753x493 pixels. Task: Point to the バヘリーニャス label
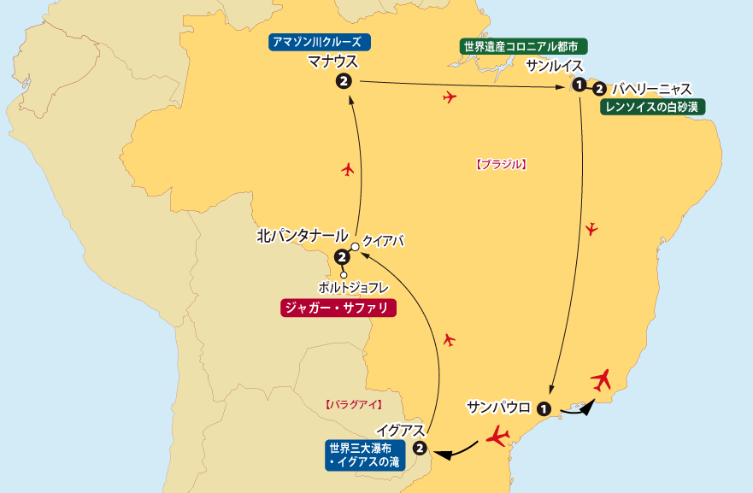[651, 88]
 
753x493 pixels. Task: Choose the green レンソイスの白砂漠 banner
[654, 107]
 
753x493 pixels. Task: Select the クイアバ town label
[382, 242]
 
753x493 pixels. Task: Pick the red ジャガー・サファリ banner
[338, 308]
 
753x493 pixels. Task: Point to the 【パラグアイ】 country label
[353, 403]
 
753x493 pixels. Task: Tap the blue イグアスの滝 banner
[362, 455]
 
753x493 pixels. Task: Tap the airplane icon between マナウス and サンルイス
[450, 97]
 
